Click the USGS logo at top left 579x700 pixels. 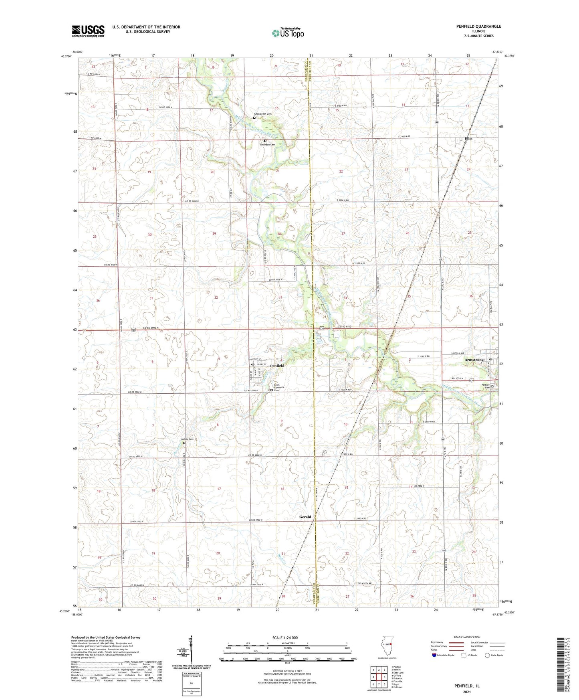(x=88, y=31)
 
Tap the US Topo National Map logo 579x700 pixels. (x=288, y=33)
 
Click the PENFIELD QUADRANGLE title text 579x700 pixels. (x=478, y=26)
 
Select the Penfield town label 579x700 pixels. (x=277, y=366)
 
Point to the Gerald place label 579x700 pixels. (x=305, y=517)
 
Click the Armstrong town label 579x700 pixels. (x=474, y=360)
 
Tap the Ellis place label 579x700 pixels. (x=468, y=138)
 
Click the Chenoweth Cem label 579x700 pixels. (x=263, y=114)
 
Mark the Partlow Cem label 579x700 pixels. (x=486, y=386)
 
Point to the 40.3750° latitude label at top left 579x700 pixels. (x=66, y=57)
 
